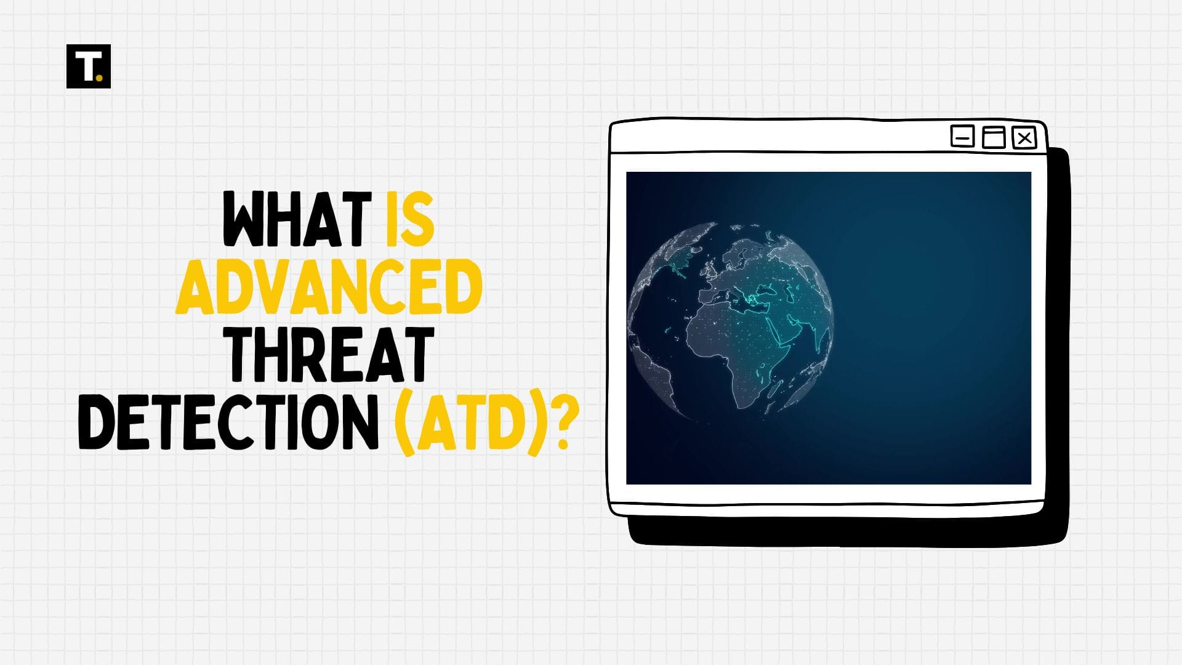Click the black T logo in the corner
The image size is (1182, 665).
(x=88, y=66)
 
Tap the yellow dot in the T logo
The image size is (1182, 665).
(x=100, y=78)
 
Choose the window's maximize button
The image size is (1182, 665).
(x=993, y=137)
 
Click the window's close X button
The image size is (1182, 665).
(x=1024, y=138)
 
